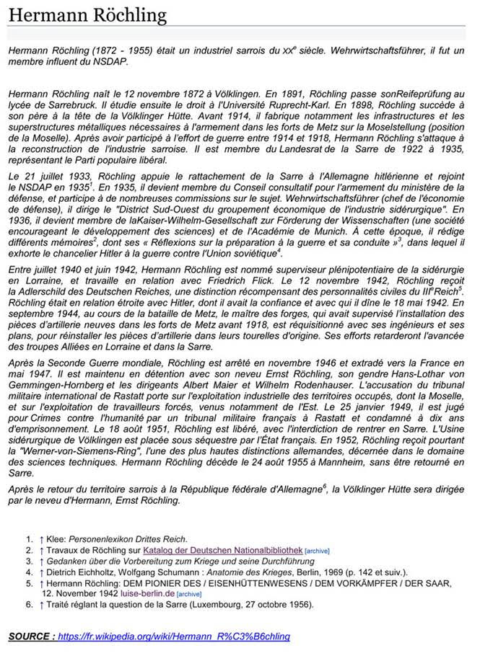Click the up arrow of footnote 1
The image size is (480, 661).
point(42,538)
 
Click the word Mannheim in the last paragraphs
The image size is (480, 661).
point(360,463)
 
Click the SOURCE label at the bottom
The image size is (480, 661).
point(30,636)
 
